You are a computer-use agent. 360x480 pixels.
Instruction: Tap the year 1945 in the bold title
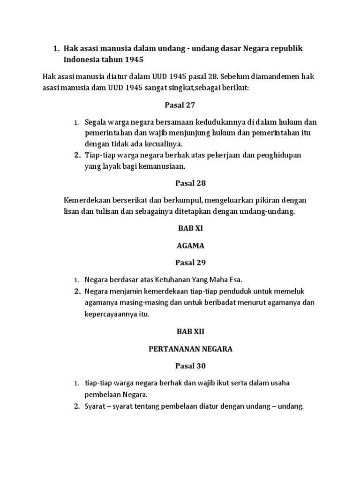(134, 60)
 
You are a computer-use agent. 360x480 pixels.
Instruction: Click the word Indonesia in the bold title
(84, 60)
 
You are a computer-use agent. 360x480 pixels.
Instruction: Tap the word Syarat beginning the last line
(96, 406)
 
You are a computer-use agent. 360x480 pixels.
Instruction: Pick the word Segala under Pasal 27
(95, 123)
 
